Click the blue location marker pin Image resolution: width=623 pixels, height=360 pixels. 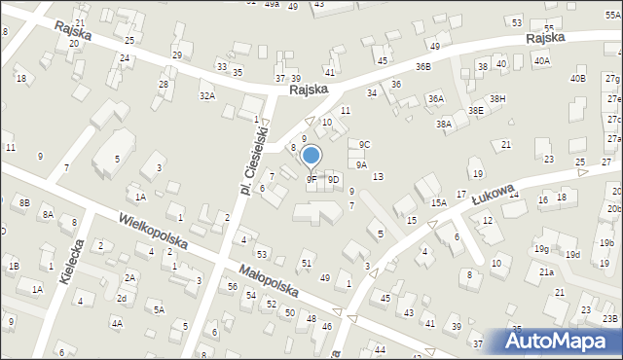[311, 156]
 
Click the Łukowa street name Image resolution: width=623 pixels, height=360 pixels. [493, 193]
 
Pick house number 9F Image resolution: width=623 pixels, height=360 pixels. [311, 179]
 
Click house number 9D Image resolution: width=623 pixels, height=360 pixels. [334, 179]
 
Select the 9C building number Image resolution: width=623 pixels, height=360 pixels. [364, 145]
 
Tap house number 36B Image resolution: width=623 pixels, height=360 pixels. [422, 66]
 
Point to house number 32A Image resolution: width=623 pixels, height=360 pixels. [207, 95]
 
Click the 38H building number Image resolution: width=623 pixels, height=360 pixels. [497, 99]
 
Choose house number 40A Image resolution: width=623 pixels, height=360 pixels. [542, 60]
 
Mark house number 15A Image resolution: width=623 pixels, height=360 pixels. [439, 202]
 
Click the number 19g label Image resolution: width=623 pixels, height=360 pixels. [540, 248]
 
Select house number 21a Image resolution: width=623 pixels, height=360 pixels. [547, 272]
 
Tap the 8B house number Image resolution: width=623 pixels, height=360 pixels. [24, 202]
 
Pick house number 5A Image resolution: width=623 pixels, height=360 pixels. [159, 310]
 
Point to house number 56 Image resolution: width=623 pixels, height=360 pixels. [233, 286]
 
